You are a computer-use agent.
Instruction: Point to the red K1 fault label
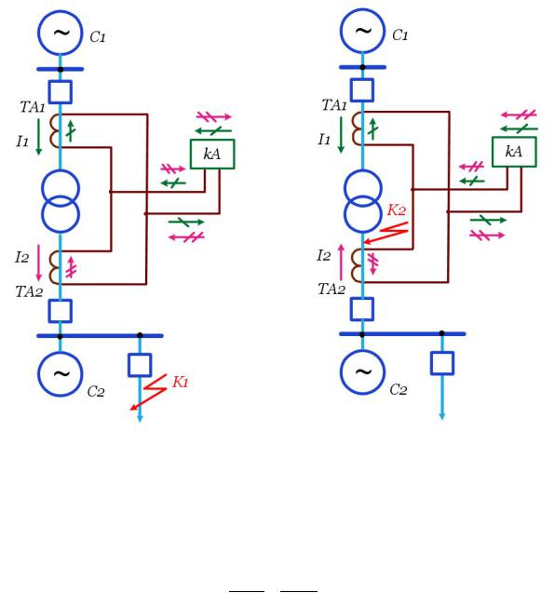(x=181, y=382)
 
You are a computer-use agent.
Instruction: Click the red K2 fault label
(x=397, y=209)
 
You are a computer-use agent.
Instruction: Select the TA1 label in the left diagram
(x=33, y=107)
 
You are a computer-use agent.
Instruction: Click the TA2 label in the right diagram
(x=331, y=290)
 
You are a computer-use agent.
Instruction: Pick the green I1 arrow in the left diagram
(x=38, y=137)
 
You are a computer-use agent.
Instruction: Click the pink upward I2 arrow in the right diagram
(x=341, y=263)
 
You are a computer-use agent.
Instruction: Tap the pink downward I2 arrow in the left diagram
(x=38, y=263)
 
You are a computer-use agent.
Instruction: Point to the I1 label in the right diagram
(x=324, y=140)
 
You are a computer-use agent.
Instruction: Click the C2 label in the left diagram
(x=96, y=391)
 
